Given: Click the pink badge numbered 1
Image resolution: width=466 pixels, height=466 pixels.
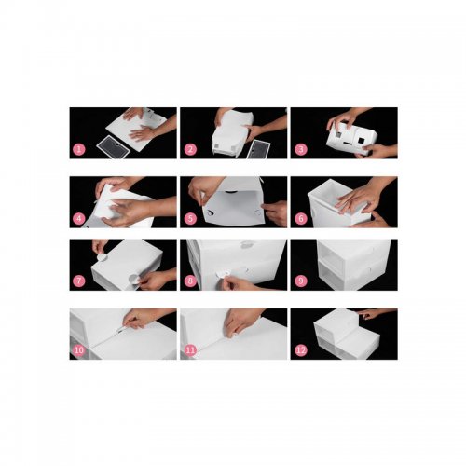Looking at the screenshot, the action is (79, 149).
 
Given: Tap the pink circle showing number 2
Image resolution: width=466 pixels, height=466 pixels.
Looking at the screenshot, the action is (190, 149).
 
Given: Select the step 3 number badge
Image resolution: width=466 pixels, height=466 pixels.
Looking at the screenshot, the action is (300, 149).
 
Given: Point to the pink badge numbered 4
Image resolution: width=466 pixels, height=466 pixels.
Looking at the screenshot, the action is (79, 219).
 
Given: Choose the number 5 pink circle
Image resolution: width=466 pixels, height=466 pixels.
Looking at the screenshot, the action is (190, 219).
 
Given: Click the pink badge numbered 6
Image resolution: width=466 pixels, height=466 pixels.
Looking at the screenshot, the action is (300, 219).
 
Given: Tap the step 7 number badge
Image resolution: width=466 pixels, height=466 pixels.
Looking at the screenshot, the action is (79, 281).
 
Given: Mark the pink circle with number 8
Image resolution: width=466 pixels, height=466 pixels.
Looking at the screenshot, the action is (190, 281).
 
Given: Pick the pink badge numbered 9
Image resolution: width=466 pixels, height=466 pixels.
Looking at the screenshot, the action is (300, 281).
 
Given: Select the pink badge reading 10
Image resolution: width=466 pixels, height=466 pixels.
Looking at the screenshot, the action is (79, 350).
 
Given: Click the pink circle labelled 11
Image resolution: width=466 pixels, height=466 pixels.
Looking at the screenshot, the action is (190, 350).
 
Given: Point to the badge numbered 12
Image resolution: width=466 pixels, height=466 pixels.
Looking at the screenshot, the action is (300, 350).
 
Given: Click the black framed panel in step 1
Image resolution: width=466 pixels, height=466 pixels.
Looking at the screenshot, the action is (113, 147).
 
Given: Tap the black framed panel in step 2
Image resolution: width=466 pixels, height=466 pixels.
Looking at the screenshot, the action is (257, 149).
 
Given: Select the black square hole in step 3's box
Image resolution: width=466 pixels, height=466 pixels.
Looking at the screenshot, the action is (361, 141).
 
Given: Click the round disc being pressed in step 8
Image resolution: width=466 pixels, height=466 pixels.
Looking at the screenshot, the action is (223, 273).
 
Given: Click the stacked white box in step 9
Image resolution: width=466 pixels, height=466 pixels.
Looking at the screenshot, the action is (353, 264).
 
